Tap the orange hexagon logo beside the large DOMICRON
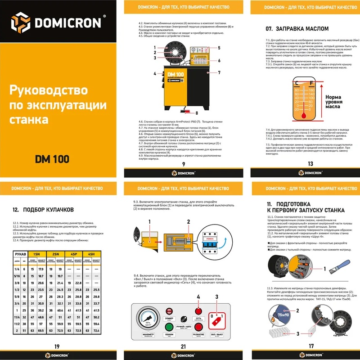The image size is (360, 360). point(21,21)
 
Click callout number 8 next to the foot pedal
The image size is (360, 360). point(196,112)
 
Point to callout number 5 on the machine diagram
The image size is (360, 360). point(219,48)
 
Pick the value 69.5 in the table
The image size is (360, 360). point(41,331)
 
